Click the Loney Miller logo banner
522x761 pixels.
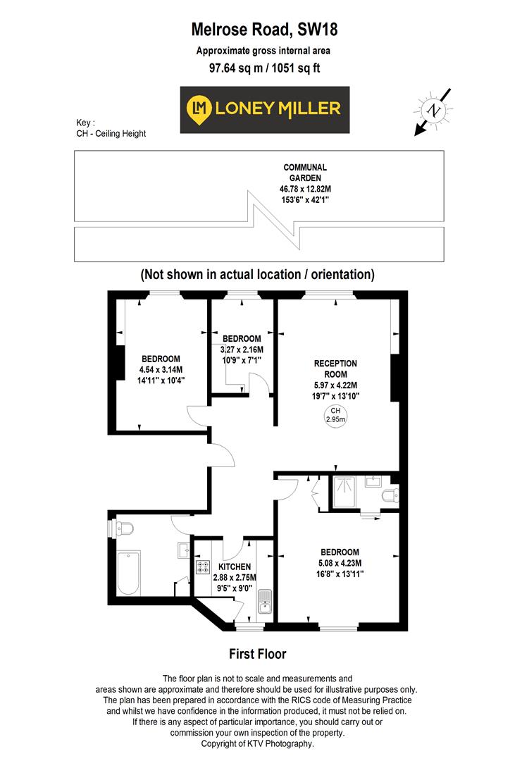[x=265, y=109]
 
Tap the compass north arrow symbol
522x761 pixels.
[x=433, y=111]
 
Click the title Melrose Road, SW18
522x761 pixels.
[x=260, y=30]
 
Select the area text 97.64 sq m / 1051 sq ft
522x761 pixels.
[x=260, y=68]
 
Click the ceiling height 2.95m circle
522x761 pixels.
[x=335, y=415]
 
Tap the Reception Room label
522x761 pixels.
[x=335, y=368]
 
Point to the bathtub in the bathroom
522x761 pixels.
[x=129, y=571]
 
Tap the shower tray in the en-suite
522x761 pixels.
[x=346, y=493]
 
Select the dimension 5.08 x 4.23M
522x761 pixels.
[x=340, y=563]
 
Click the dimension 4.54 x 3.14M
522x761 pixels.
[x=161, y=369]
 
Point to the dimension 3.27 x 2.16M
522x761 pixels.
[x=242, y=349]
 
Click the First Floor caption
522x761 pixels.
[x=258, y=654]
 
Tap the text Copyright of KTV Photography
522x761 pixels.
[x=258, y=743]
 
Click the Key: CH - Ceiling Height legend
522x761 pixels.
[x=111, y=128]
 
